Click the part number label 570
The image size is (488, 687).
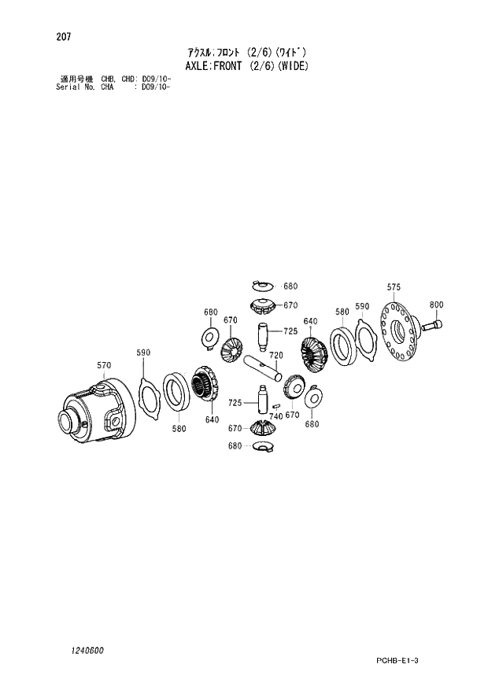tap(105, 365)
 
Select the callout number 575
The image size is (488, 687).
tap(394, 287)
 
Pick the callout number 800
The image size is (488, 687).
tap(436, 305)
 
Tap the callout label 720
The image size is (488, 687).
tap(275, 356)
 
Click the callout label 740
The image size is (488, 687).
tap(275, 416)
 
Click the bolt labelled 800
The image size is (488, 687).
tap(432, 323)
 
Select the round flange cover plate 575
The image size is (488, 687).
tap(400, 337)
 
